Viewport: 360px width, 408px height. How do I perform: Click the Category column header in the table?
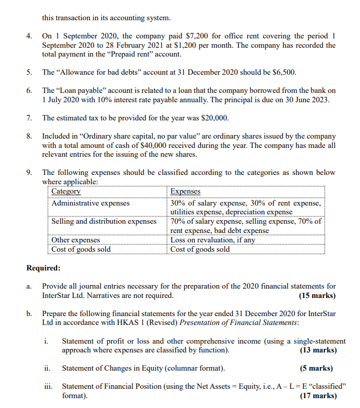click(66, 192)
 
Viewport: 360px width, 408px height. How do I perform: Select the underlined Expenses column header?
click(185, 192)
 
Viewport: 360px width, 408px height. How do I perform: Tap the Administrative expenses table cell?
click(90, 203)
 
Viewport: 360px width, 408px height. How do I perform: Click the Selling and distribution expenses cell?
click(104, 222)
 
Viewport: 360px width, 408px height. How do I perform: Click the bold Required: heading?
click(43, 268)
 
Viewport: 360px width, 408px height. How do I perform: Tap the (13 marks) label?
click(317, 350)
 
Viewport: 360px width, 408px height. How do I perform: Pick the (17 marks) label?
click(317, 396)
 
